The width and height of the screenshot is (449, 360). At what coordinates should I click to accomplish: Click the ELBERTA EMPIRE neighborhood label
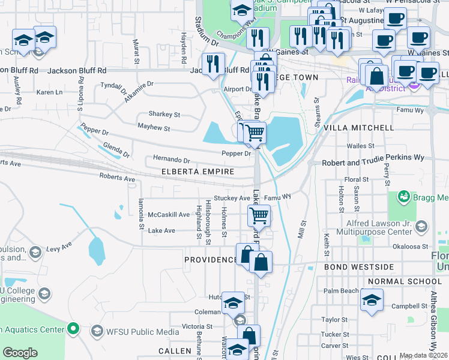tap(197, 172)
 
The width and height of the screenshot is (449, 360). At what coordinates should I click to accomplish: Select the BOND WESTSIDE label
tap(359, 266)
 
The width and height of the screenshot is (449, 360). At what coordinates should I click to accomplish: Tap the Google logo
tap(20, 353)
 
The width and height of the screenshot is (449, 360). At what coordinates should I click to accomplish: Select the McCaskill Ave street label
tap(169, 214)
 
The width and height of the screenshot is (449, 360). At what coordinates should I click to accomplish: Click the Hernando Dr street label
tap(171, 160)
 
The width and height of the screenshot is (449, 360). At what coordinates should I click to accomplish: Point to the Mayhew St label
tap(154, 128)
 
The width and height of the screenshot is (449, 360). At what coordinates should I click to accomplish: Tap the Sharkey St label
tap(164, 114)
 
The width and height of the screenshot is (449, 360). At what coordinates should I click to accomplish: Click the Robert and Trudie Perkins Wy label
tap(373, 163)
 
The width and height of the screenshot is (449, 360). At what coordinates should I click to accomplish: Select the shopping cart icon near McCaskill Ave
tap(259, 215)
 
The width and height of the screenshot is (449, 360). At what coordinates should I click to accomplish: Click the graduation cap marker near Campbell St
tap(372, 299)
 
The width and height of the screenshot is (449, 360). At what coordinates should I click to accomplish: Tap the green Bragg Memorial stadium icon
tap(404, 197)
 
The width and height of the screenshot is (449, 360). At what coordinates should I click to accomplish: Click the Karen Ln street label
tap(49, 92)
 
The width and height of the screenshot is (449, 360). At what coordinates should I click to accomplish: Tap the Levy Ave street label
tap(59, 246)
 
